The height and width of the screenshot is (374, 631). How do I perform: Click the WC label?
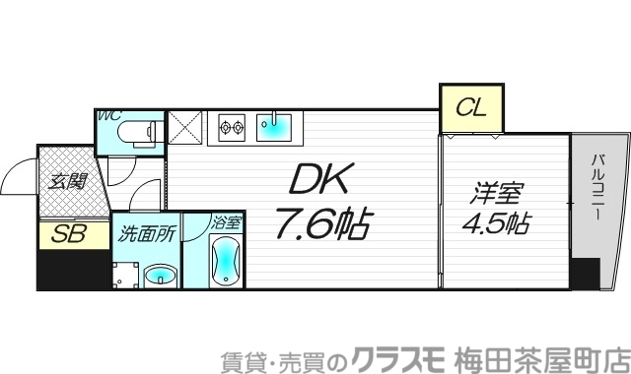click(107, 115)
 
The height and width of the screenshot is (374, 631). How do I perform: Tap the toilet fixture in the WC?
click(137, 131)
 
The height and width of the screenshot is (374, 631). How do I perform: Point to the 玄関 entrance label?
click(68, 182)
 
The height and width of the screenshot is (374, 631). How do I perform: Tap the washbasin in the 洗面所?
click(158, 275)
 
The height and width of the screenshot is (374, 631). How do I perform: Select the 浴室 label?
click(226, 222)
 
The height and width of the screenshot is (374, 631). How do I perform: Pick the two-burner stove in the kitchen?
click(232, 127)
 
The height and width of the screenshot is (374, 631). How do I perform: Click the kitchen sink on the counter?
click(273, 126)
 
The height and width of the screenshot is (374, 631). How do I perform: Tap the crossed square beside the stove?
click(185, 127)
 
